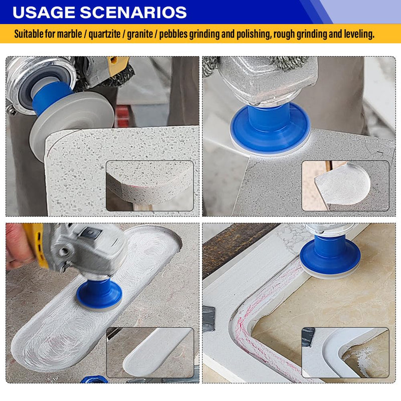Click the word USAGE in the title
click(44, 12)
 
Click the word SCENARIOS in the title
click(133, 12)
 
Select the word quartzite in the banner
click(104, 34)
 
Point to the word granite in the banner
click(140, 34)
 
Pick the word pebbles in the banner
click(173, 34)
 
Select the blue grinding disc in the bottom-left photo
click(99, 294)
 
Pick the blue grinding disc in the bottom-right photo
click(330, 254)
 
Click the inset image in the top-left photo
click(150, 186)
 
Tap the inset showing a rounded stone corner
click(345, 186)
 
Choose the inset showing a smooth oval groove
click(150, 352)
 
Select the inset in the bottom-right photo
click(345, 352)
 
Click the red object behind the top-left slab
click(123, 116)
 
